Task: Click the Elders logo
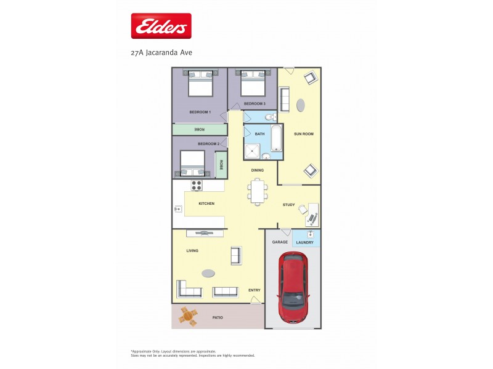pos(161,26)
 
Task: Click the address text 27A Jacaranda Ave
pos(161,53)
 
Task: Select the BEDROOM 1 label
pos(200,112)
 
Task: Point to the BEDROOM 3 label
pos(255,104)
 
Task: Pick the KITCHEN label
pos(206,204)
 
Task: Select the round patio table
pos(189,317)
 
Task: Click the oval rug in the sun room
pos(300,105)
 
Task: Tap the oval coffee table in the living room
pos(209,273)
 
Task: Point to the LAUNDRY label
pos(305,242)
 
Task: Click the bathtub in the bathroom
pos(276,138)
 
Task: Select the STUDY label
pos(289,205)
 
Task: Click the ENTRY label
pos(255,290)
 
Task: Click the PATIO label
pos(217,318)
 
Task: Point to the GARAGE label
pos(280,242)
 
